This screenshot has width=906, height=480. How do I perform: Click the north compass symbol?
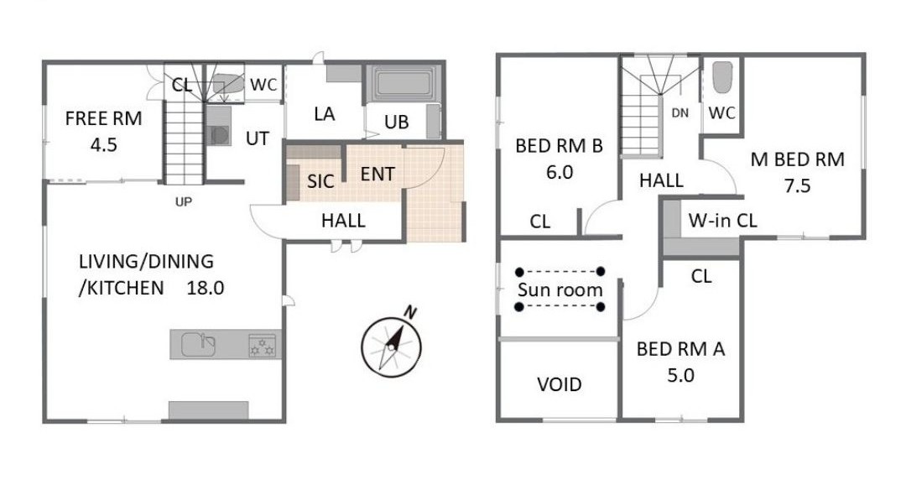(391, 346)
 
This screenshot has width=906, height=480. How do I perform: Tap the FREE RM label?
(103, 118)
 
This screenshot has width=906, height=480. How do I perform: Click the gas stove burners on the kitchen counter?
(263, 345)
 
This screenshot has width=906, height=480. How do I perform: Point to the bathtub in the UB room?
(404, 84)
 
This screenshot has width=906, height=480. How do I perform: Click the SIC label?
(320, 181)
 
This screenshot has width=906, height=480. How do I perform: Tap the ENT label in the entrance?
(377, 174)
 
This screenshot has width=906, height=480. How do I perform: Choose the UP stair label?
(183, 202)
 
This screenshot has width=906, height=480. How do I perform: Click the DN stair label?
(680, 113)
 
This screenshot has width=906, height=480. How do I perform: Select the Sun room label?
(560, 290)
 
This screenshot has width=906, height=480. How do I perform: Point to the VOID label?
(560, 384)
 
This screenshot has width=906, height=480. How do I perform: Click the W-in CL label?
(723, 221)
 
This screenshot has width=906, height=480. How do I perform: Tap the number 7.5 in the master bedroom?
(798, 186)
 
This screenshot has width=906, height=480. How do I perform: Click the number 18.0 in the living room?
(206, 288)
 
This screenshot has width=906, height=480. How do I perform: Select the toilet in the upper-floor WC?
(722, 77)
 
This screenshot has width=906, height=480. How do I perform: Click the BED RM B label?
(560, 146)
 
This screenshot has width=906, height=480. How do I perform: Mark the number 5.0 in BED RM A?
(680, 376)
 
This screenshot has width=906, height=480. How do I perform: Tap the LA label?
(325, 114)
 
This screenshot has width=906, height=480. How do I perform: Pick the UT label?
(258, 138)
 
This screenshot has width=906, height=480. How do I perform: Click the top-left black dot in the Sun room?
(519, 271)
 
